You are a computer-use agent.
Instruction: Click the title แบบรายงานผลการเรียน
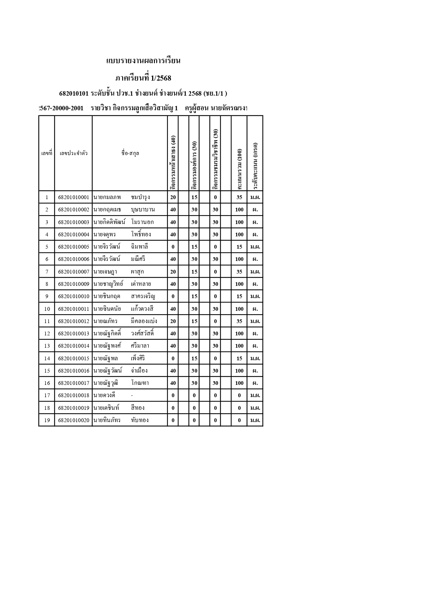(x=143, y=61)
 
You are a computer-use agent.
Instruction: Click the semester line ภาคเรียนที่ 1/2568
(x=143, y=78)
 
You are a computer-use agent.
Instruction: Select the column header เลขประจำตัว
(x=74, y=153)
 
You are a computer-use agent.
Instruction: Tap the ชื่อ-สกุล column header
(x=130, y=153)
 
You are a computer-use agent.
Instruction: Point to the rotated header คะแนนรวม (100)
(x=239, y=169)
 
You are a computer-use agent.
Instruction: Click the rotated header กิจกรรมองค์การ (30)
(x=194, y=166)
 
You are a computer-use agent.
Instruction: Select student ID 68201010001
(x=74, y=197)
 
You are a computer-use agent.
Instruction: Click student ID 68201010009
(x=74, y=284)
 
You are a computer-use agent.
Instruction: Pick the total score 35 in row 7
(x=239, y=272)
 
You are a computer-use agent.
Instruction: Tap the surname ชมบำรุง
(x=140, y=197)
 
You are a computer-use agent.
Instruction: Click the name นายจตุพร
(x=105, y=235)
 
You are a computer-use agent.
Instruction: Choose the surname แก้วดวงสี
(x=142, y=309)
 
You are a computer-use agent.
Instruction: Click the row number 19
(x=47, y=420)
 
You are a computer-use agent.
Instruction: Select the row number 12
(x=47, y=334)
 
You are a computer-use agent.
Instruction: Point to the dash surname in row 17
(x=132, y=395)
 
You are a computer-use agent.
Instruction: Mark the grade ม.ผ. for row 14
(x=255, y=359)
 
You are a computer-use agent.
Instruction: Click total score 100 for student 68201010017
(x=239, y=383)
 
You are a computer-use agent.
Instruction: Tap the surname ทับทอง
(x=140, y=420)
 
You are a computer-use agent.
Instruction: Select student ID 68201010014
(x=74, y=346)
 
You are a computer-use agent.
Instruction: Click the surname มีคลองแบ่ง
(x=144, y=321)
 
